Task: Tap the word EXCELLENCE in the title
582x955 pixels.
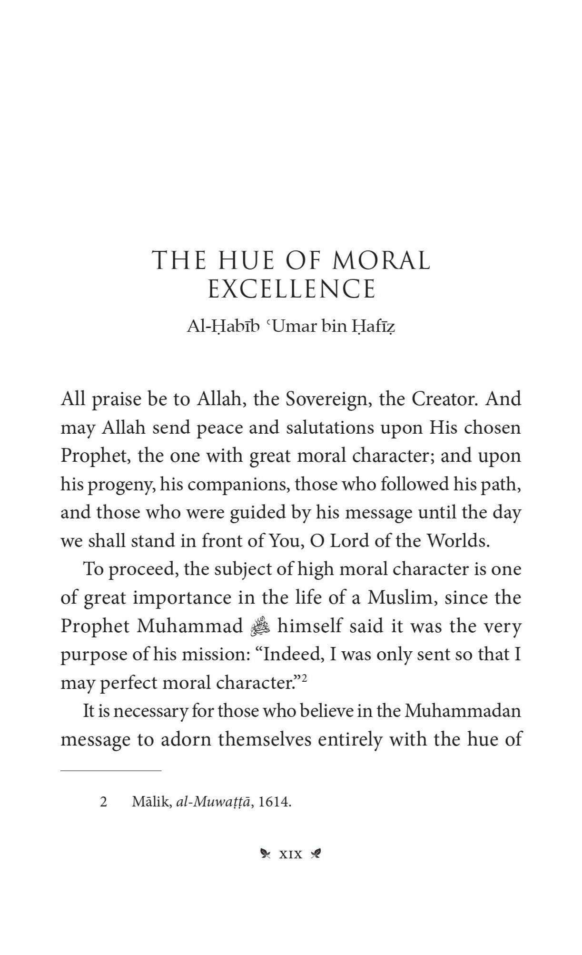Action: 292,289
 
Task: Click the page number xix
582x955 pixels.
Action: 290,854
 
